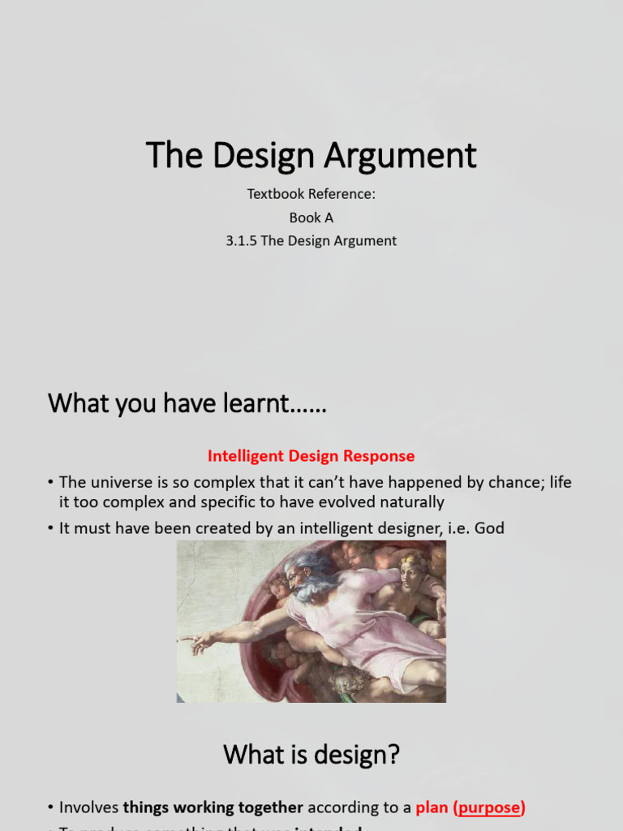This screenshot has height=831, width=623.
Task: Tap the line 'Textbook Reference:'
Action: click(311, 195)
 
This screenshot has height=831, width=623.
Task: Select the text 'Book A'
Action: click(311, 217)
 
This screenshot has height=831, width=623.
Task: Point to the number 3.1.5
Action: click(243, 241)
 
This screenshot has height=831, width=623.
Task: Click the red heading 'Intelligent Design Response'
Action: click(311, 456)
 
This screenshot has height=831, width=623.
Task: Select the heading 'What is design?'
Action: click(311, 755)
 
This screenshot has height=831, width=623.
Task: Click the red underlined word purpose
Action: click(489, 807)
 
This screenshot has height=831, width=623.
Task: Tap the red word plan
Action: click(432, 807)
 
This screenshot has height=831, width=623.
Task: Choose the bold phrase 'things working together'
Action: click(213, 807)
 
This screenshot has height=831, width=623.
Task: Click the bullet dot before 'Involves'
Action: click(50, 807)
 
